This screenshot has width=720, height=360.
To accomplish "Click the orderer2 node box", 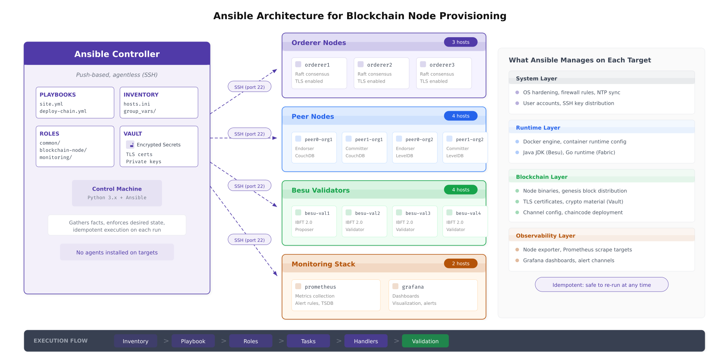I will coord(381,73).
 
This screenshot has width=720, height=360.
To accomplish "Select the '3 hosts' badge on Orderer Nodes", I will coord(461,42).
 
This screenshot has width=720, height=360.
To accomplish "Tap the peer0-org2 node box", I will coord(414,148).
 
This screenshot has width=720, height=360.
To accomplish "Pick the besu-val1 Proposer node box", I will coord(314,221).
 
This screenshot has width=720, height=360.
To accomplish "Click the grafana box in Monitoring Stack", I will coord(433,295).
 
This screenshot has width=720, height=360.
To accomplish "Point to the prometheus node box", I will coord(336,295).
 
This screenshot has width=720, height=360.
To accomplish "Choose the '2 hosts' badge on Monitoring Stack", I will coord(461,264).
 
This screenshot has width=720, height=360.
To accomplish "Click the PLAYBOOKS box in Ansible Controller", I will coord(75,103).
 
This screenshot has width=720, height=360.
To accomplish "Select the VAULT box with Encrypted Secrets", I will coord(159,146).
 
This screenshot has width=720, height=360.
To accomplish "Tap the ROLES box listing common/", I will coord(75,146).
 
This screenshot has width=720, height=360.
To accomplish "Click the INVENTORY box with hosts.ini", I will coord(159,103).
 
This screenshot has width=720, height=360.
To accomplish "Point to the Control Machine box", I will coord(117,193).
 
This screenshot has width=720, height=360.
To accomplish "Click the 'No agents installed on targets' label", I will coord(117,252).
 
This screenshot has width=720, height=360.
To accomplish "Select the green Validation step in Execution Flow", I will coord(425,341).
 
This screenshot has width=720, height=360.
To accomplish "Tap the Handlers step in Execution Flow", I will coord(366,341).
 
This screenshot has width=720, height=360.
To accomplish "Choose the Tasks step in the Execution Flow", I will coord(308,341).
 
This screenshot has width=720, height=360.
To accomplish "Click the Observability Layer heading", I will coord(545,236).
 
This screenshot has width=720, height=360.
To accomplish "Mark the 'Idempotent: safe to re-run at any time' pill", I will coord(601,285).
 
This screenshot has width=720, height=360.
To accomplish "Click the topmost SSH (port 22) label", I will coord(250,87).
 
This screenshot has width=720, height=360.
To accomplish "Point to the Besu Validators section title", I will coord(320,191).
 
